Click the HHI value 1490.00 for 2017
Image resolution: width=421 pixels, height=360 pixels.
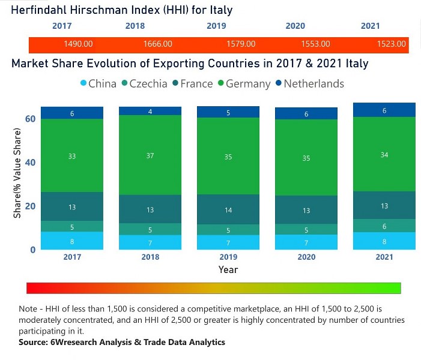click(x=78, y=44)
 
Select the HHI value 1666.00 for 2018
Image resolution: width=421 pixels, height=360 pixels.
click(x=158, y=44)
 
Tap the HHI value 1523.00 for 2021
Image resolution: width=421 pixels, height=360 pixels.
click(x=392, y=44)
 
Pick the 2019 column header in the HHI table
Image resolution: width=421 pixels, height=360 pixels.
click(x=216, y=26)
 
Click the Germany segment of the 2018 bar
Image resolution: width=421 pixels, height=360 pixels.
click(x=150, y=155)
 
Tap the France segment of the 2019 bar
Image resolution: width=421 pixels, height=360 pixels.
click(x=228, y=210)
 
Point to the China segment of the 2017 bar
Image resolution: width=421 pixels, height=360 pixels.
click(x=72, y=241)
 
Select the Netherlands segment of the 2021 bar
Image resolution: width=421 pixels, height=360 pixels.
click(x=384, y=110)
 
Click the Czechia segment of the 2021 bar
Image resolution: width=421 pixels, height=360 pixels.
click(x=384, y=226)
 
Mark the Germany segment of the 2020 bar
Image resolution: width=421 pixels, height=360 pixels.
click(x=306, y=158)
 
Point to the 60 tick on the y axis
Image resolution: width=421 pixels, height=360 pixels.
click(x=29, y=119)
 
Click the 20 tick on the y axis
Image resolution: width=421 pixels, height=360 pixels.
click(x=29, y=206)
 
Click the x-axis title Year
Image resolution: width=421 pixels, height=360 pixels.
click(x=228, y=270)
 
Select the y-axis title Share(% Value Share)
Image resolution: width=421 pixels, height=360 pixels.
click(x=17, y=179)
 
